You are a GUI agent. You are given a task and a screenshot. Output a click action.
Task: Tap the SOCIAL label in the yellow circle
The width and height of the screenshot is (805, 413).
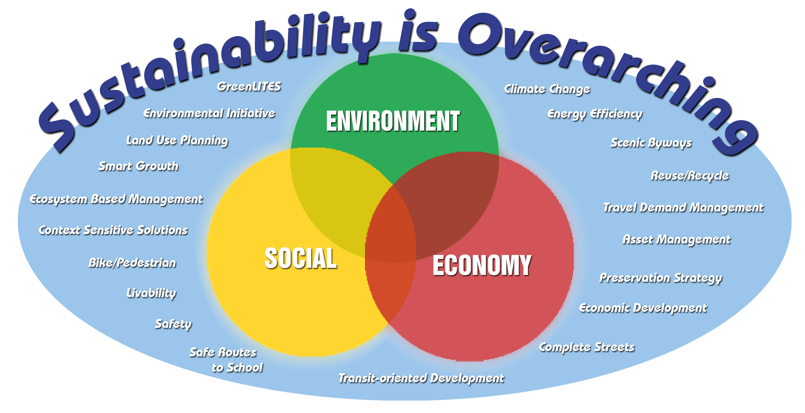[x=301, y=258]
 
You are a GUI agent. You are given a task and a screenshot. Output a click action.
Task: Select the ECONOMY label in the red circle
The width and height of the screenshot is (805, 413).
[x=482, y=265]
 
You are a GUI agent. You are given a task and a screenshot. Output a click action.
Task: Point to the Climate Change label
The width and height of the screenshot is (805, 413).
[x=547, y=89]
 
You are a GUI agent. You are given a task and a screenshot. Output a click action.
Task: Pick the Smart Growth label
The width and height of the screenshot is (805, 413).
[x=139, y=166]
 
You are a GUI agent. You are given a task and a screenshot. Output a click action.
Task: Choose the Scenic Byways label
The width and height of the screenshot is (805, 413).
[x=651, y=143]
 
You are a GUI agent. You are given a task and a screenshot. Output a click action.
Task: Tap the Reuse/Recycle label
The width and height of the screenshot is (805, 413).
[x=689, y=176]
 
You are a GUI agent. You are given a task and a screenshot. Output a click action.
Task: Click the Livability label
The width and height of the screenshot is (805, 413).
[x=151, y=293]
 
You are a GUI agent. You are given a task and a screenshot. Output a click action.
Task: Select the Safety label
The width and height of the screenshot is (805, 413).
[x=173, y=324]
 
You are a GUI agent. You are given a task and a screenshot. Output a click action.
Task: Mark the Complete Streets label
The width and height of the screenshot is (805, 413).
[x=587, y=347]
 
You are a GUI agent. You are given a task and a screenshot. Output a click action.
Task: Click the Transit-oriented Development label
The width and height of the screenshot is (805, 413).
[x=421, y=378]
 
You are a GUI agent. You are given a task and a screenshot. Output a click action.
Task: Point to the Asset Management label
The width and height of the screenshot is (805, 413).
[x=676, y=240]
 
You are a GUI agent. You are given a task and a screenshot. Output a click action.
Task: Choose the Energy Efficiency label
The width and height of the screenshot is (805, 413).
[x=595, y=114]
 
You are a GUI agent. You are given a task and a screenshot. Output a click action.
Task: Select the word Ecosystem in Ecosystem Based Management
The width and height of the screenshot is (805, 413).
[x=58, y=199]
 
